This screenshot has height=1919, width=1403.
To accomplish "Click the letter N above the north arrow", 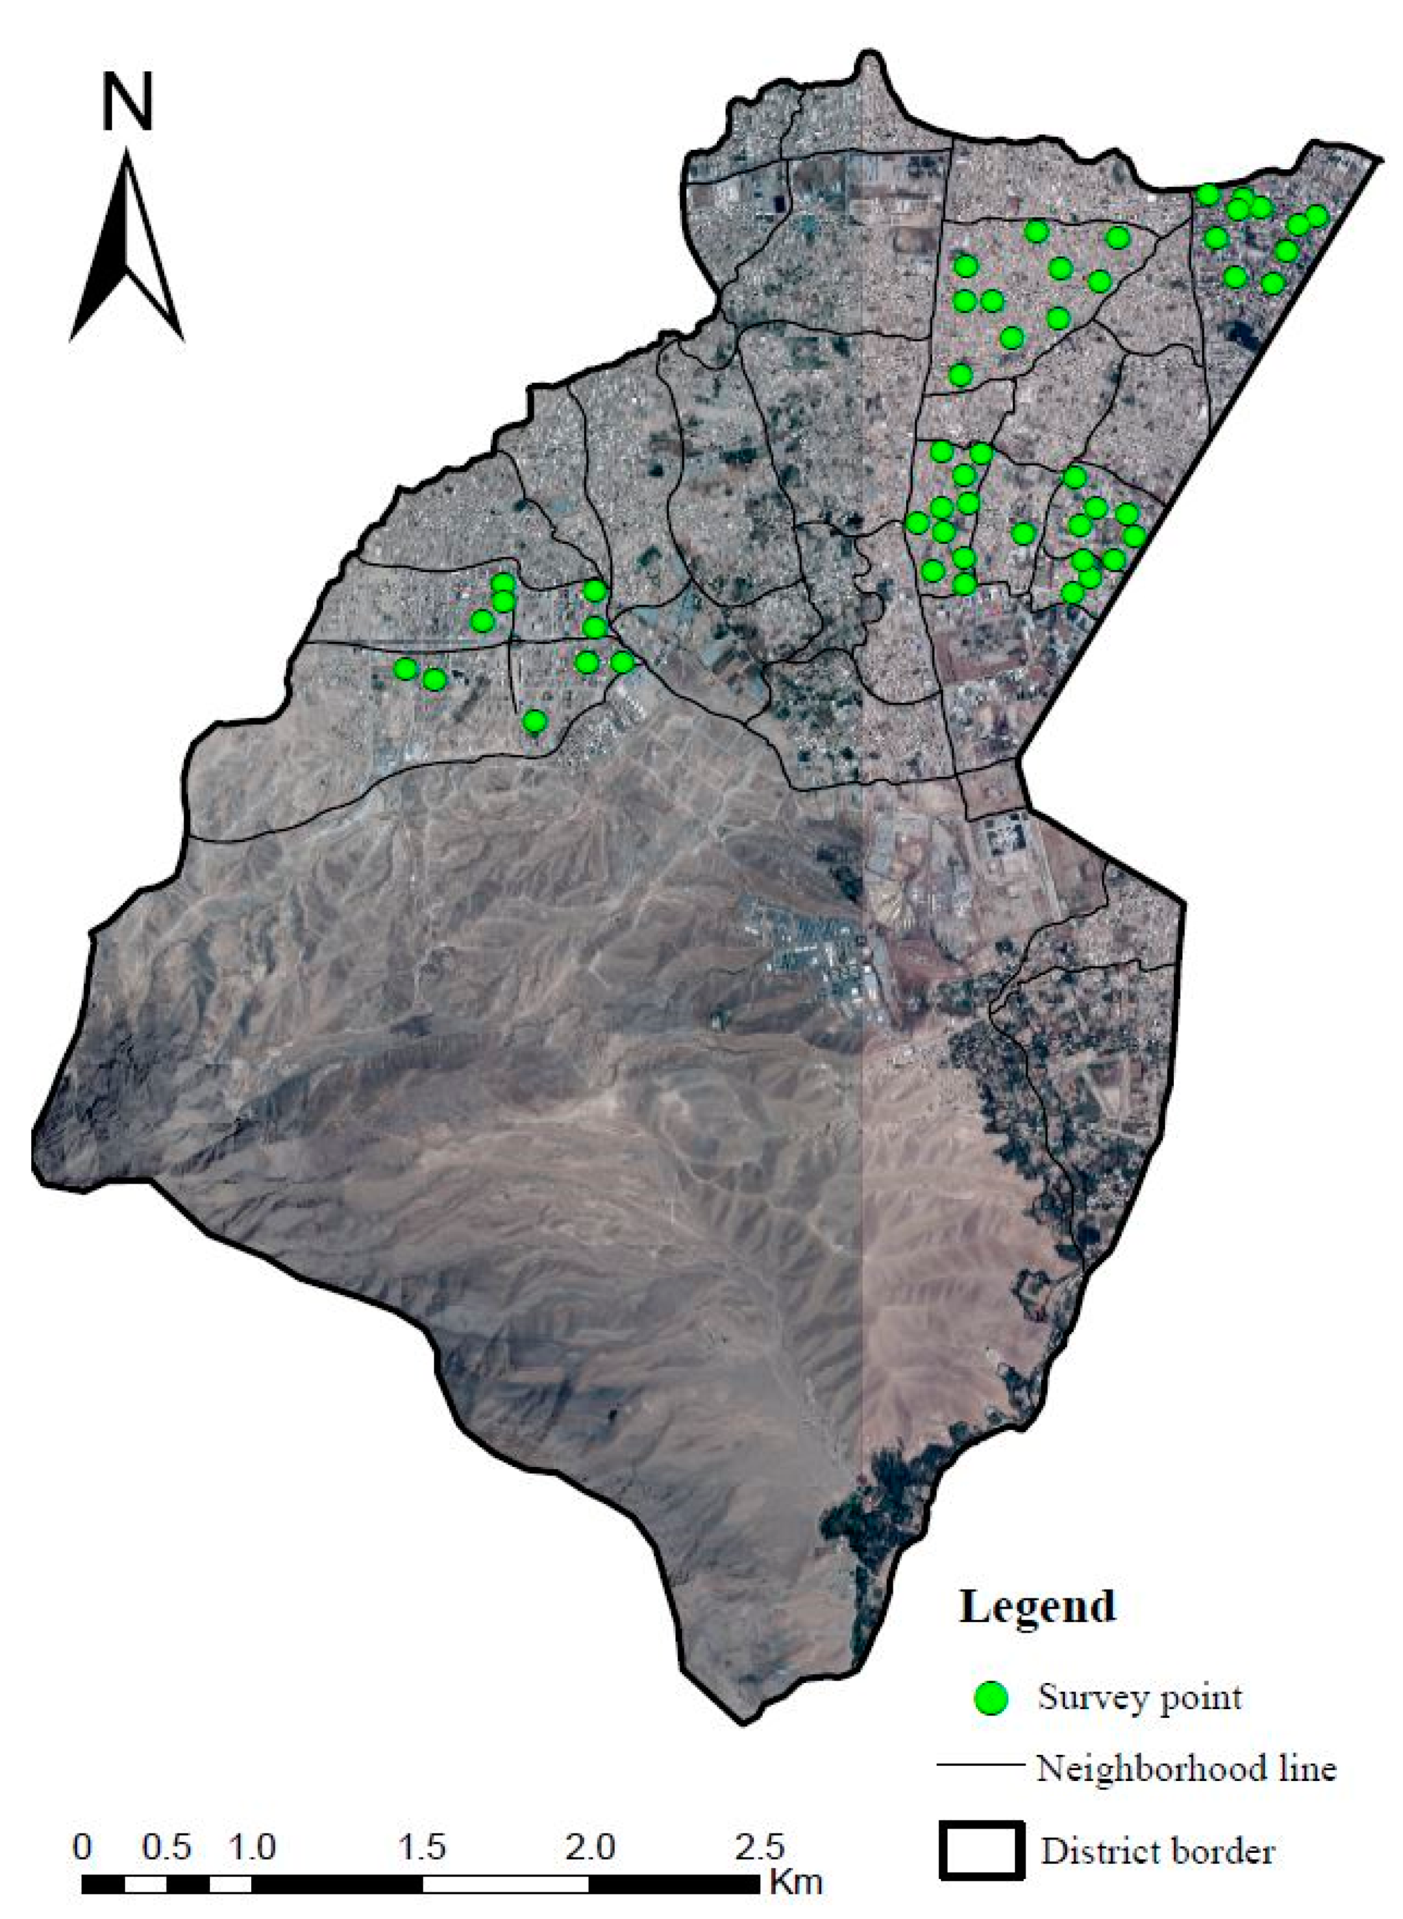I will point(128,102).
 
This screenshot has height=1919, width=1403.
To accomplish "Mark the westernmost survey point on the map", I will point(406,669).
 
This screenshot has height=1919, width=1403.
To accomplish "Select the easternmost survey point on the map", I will point(1316,217).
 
